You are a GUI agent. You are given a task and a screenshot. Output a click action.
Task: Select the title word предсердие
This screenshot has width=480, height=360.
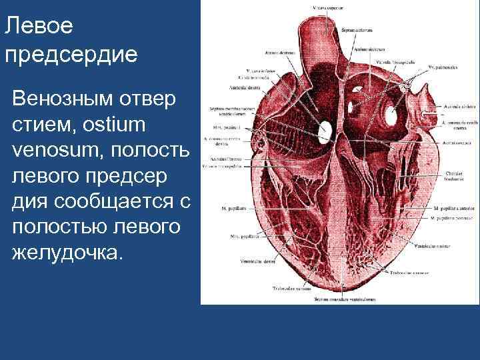[71, 55]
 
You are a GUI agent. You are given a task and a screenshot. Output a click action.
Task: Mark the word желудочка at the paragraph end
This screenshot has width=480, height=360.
[65, 252]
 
